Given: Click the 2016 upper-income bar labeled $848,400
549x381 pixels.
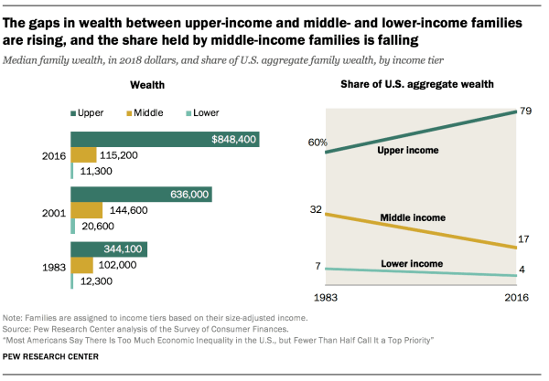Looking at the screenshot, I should point(166,140).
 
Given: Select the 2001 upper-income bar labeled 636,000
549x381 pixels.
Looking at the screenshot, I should point(142,194).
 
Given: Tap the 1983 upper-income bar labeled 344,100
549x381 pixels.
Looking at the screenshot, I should point(109,249).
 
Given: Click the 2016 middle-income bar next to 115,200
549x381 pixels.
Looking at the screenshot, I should point(83,155).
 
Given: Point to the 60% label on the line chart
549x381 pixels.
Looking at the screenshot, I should point(318,142).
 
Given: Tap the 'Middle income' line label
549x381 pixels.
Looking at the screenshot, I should point(412,217).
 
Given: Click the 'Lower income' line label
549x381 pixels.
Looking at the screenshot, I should point(413,265).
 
